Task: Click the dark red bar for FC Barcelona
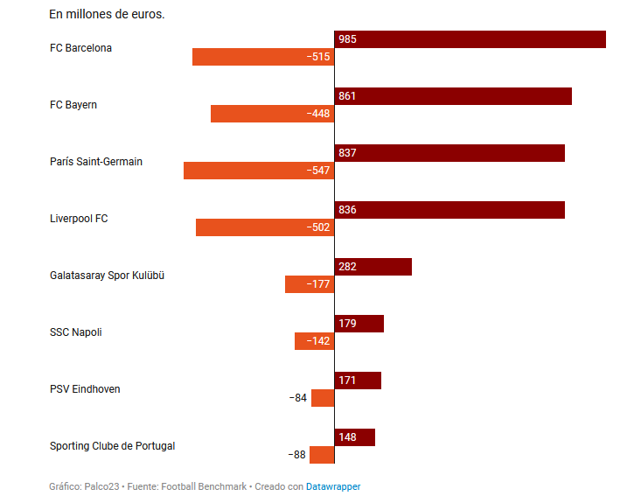coord(470,39)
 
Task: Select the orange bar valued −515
coord(262,57)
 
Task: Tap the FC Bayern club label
coord(73,105)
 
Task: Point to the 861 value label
coord(347,96)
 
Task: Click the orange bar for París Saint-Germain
coord(258,171)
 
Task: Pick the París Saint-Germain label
coord(96,162)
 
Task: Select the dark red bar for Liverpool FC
coord(449,210)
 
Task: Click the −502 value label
coord(318,227)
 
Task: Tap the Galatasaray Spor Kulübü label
coord(108,276)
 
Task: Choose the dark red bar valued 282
coord(373,267)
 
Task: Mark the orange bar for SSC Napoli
coord(314,341)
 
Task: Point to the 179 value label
coord(347,324)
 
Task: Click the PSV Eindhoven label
coord(85,389)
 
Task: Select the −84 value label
coord(298,398)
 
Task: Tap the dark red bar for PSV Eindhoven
coord(359,381)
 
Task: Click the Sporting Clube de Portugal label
coord(112,446)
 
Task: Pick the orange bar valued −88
coord(322,455)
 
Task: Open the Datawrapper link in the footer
coord(333,486)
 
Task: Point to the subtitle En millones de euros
coord(107,15)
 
